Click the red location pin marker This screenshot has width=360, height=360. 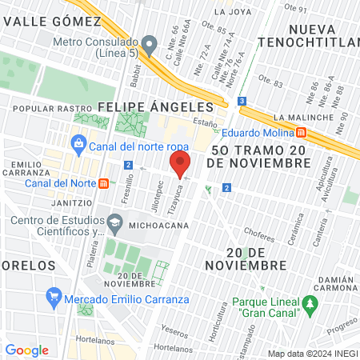pyautogui.click(x=179, y=164)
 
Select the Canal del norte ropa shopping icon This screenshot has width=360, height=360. pyautogui.click(x=78, y=144)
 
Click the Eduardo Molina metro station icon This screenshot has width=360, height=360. pyautogui.click(x=300, y=132)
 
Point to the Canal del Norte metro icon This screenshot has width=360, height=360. pyautogui.click(x=103, y=183)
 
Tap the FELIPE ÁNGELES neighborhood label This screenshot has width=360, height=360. pyautogui.click(x=155, y=106)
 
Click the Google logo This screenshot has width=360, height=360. pyautogui.click(x=27, y=350)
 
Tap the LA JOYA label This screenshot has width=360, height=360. pyautogui.click(x=233, y=12)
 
